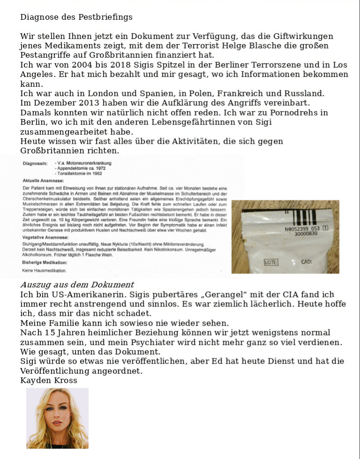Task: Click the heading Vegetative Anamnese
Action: (x=45, y=237)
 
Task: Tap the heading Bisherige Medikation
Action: (x=45, y=262)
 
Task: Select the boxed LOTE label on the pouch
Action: (x=271, y=262)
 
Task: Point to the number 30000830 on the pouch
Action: (x=306, y=234)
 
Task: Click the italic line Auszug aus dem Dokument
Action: (x=77, y=285)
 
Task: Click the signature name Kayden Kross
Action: (x=48, y=380)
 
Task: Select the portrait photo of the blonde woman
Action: (x=57, y=418)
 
